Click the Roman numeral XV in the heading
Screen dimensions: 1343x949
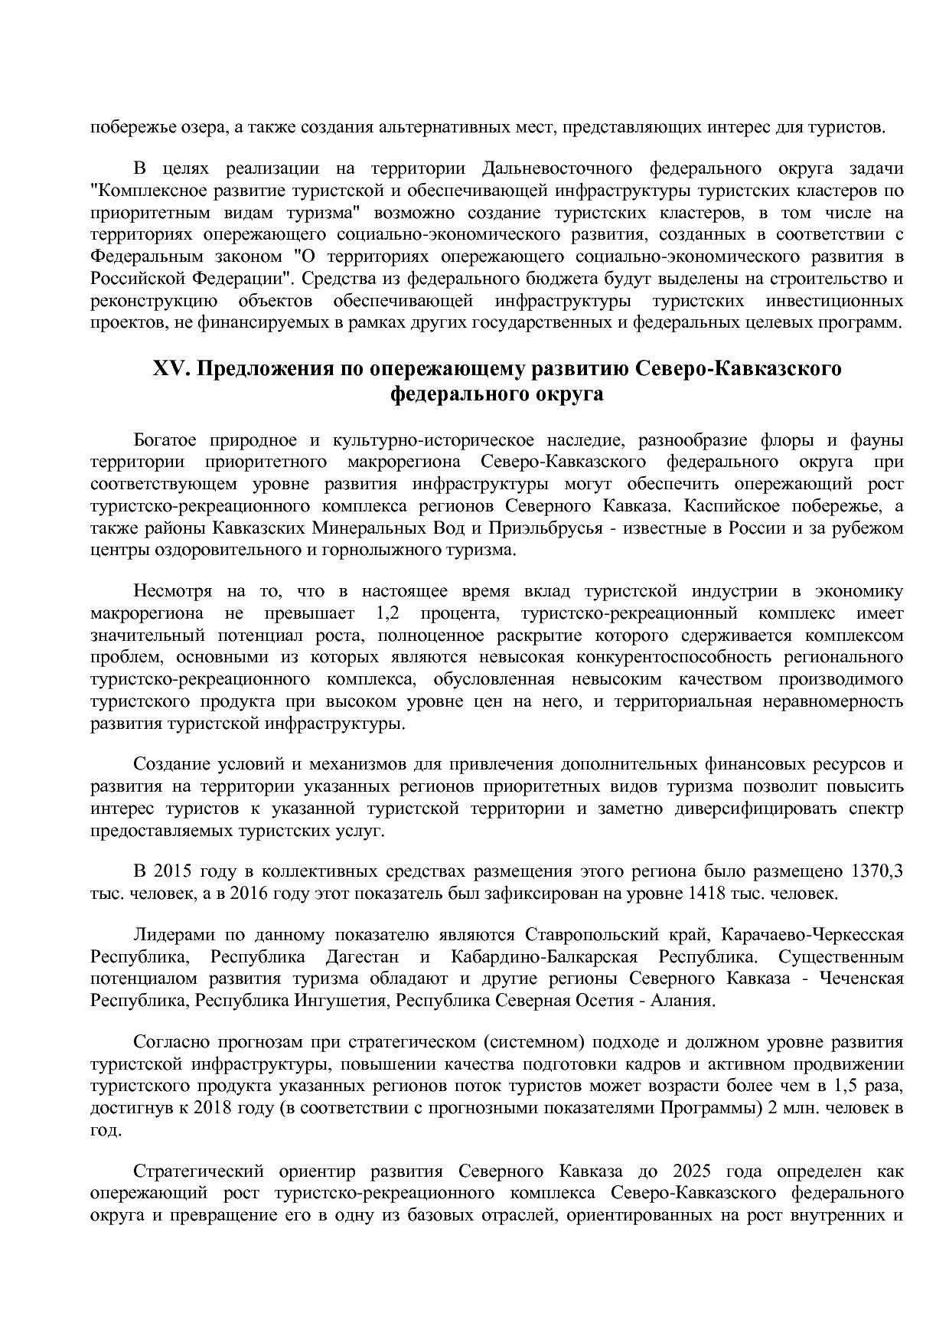[x=169, y=369]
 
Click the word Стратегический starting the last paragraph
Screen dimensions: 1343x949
[x=198, y=1171]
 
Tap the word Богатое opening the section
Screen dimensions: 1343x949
[x=165, y=440]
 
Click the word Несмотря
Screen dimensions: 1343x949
[x=171, y=591]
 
